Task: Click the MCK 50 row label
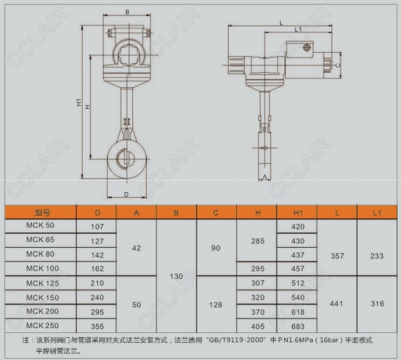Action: coord(40,225)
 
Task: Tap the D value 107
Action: coord(97,227)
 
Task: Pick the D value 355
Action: coord(97,327)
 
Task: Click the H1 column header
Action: coord(298,213)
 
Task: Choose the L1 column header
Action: coord(377,213)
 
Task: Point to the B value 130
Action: coord(176,276)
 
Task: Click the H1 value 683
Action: coord(298,327)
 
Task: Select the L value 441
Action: coord(337,304)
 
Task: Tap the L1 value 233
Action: coord(377,256)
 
